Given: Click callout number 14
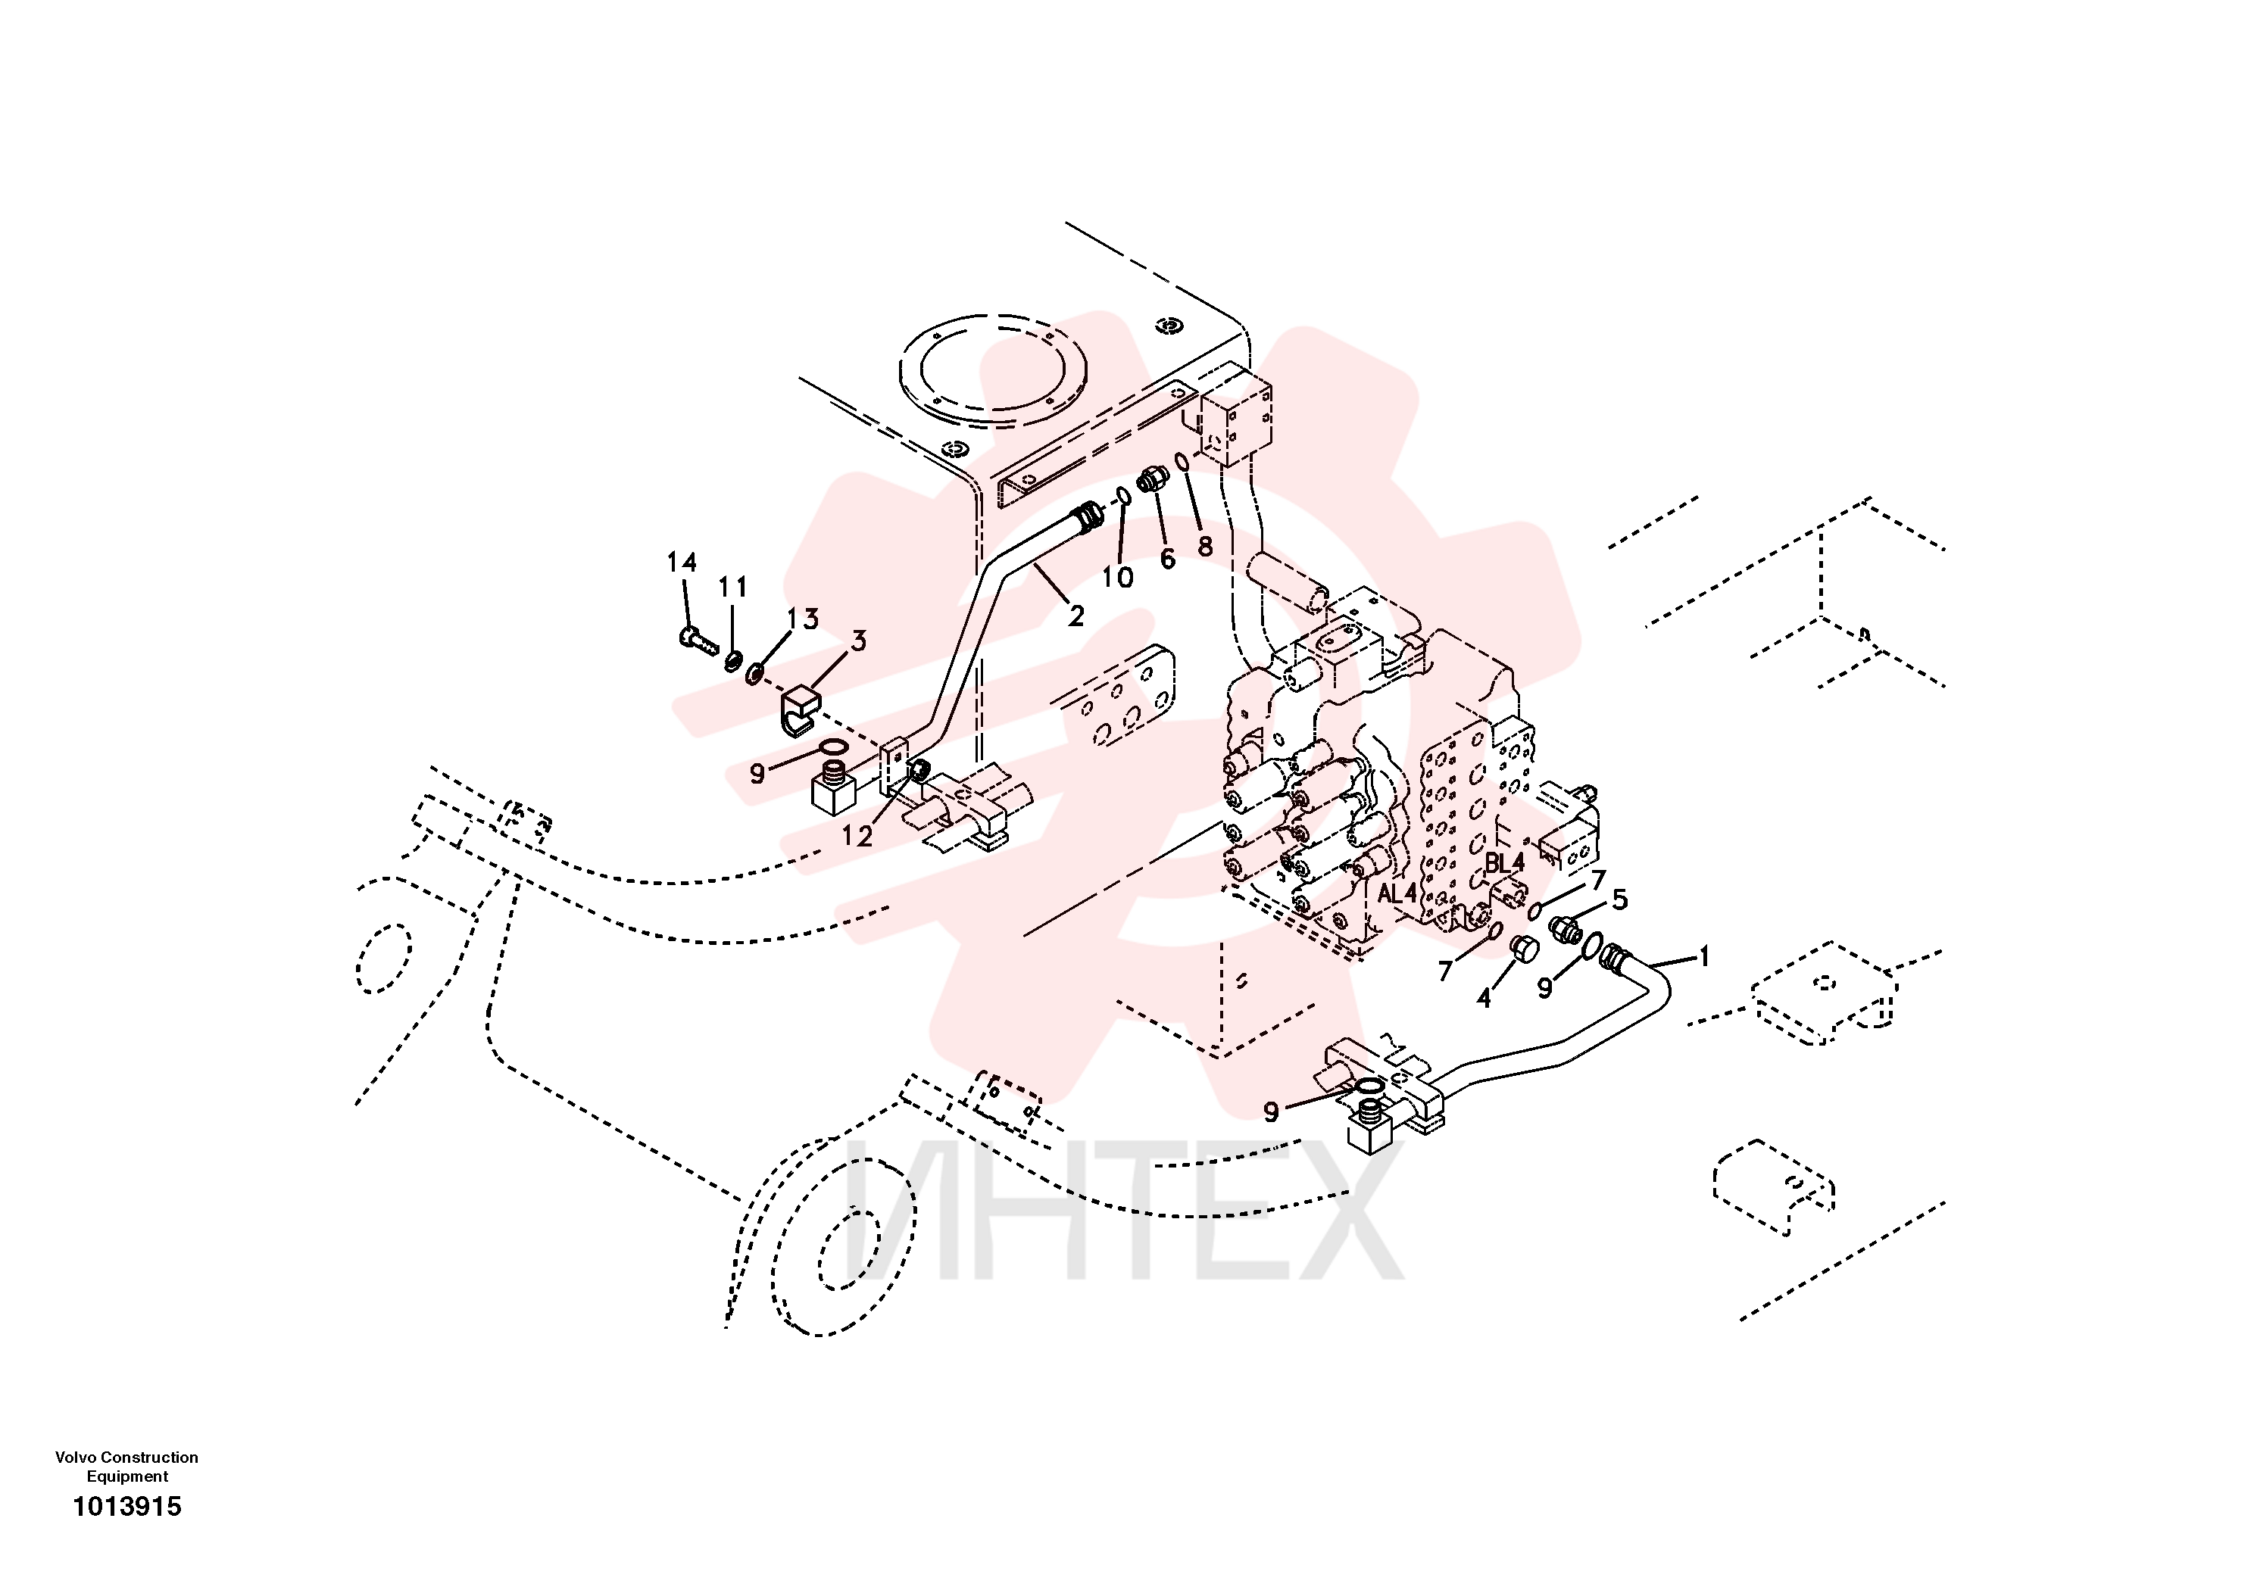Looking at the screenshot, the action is [682, 563].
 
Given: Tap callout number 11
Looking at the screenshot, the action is [732, 587].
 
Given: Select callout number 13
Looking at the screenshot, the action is [803, 619].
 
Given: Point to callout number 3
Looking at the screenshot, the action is [858, 641].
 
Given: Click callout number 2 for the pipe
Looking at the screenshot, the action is [1076, 616].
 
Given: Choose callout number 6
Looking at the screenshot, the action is [1167, 559].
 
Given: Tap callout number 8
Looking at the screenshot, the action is [1204, 546].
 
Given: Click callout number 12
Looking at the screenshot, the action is [857, 836].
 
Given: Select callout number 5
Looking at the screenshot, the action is [1620, 898].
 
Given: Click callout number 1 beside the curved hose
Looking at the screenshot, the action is [1704, 956].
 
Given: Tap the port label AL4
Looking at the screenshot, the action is [1397, 894].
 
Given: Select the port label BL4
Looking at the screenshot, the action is [1504, 862].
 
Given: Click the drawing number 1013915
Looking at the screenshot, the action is [128, 1507].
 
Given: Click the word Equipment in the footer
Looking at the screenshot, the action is [128, 1476].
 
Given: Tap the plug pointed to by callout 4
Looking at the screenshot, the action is [1522, 949].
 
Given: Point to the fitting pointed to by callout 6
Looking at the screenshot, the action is [1153, 481].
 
